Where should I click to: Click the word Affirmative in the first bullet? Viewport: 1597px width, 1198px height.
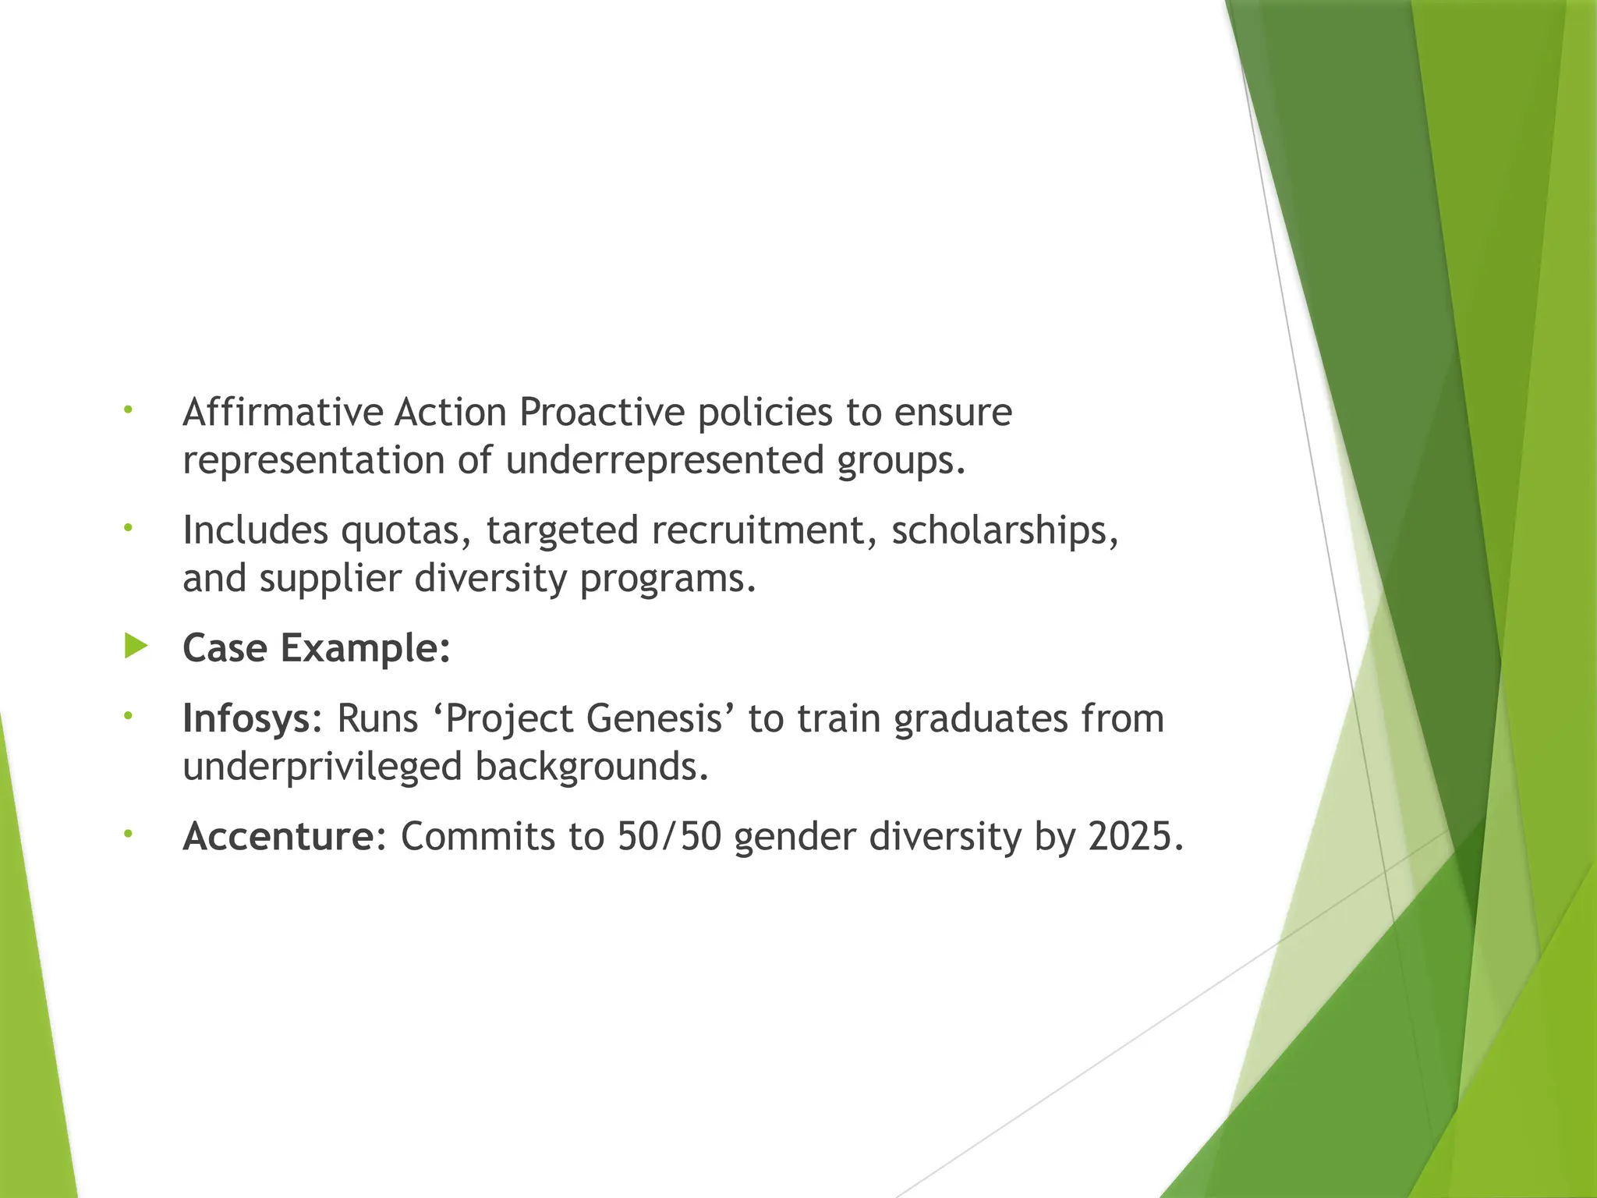(x=282, y=412)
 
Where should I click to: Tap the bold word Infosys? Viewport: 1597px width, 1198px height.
(x=246, y=718)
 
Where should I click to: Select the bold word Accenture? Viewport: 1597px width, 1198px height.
(x=278, y=836)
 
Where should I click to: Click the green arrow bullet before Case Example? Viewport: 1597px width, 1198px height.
(x=136, y=646)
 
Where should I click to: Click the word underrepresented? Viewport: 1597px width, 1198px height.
(x=664, y=460)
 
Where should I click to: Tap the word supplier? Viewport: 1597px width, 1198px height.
(x=330, y=578)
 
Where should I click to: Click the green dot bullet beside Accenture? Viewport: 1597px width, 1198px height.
(x=129, y=834)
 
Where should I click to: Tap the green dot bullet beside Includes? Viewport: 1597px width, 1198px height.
(x=129, y=528)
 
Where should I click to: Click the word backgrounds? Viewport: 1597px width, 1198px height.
(x=592, y=767)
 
